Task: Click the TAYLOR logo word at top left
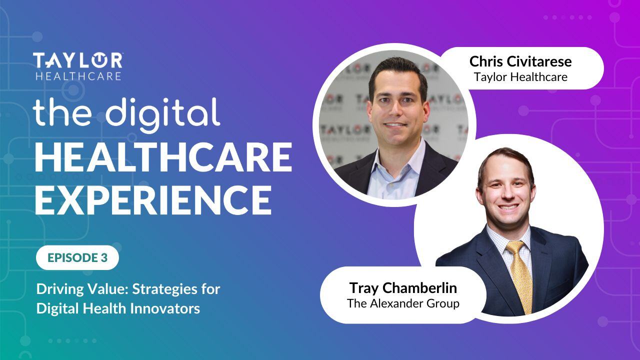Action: click(77, 60)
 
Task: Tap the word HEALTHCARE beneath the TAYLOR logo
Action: click(77, 76)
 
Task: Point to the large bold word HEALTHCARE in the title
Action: click(163, 156)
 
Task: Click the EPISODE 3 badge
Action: click(77, 257)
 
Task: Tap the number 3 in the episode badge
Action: click(103, 258)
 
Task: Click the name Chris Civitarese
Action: click(520, 62)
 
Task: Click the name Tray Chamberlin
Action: click(403, 288)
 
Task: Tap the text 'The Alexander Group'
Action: click(403, 303)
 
